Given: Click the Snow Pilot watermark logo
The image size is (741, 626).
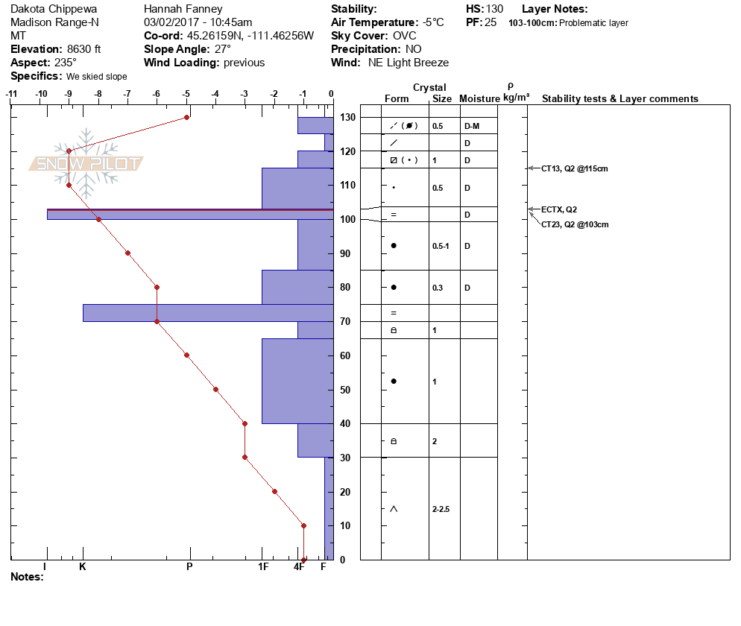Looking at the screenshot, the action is (x=86, y=163).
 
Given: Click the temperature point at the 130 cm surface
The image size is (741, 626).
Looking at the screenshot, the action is (x=186, y=117).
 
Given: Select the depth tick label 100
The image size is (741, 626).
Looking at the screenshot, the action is (x=347, y=219).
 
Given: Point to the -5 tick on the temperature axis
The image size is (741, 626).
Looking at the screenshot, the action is (x=186, y=94).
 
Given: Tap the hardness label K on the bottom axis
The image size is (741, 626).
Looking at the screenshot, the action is (x=82, y=566).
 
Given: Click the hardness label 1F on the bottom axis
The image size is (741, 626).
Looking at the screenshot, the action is (x=263, y=566).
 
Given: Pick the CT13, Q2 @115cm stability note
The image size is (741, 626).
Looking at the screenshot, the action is (x=574, y=168).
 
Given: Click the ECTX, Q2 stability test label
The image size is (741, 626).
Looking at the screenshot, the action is (x=559, y=209).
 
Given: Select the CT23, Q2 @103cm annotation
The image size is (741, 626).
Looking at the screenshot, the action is (x=575, y=224).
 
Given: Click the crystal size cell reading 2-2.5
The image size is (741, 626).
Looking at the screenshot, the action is (x=441, y=509).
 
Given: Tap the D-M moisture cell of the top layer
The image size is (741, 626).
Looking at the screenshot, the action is (x=472, y=126).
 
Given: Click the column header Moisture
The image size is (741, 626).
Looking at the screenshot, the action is (x=479, y=98).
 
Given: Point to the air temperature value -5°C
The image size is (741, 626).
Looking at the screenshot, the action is (x=433, y=22).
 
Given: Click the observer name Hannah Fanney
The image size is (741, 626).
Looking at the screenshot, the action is (x=183, y=9).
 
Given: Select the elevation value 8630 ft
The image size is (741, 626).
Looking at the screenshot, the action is (x=83, y=49).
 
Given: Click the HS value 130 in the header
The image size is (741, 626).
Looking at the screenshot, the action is (x=494, y=9).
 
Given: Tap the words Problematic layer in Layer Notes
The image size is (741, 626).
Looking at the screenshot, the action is (x=593, y=22).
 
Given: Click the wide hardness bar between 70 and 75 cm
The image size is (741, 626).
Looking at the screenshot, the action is (x=209, y=313).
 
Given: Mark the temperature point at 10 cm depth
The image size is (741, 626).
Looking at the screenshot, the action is (x=304, y=526).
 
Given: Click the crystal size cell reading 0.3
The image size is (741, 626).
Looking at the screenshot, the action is (x=438, y=288).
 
